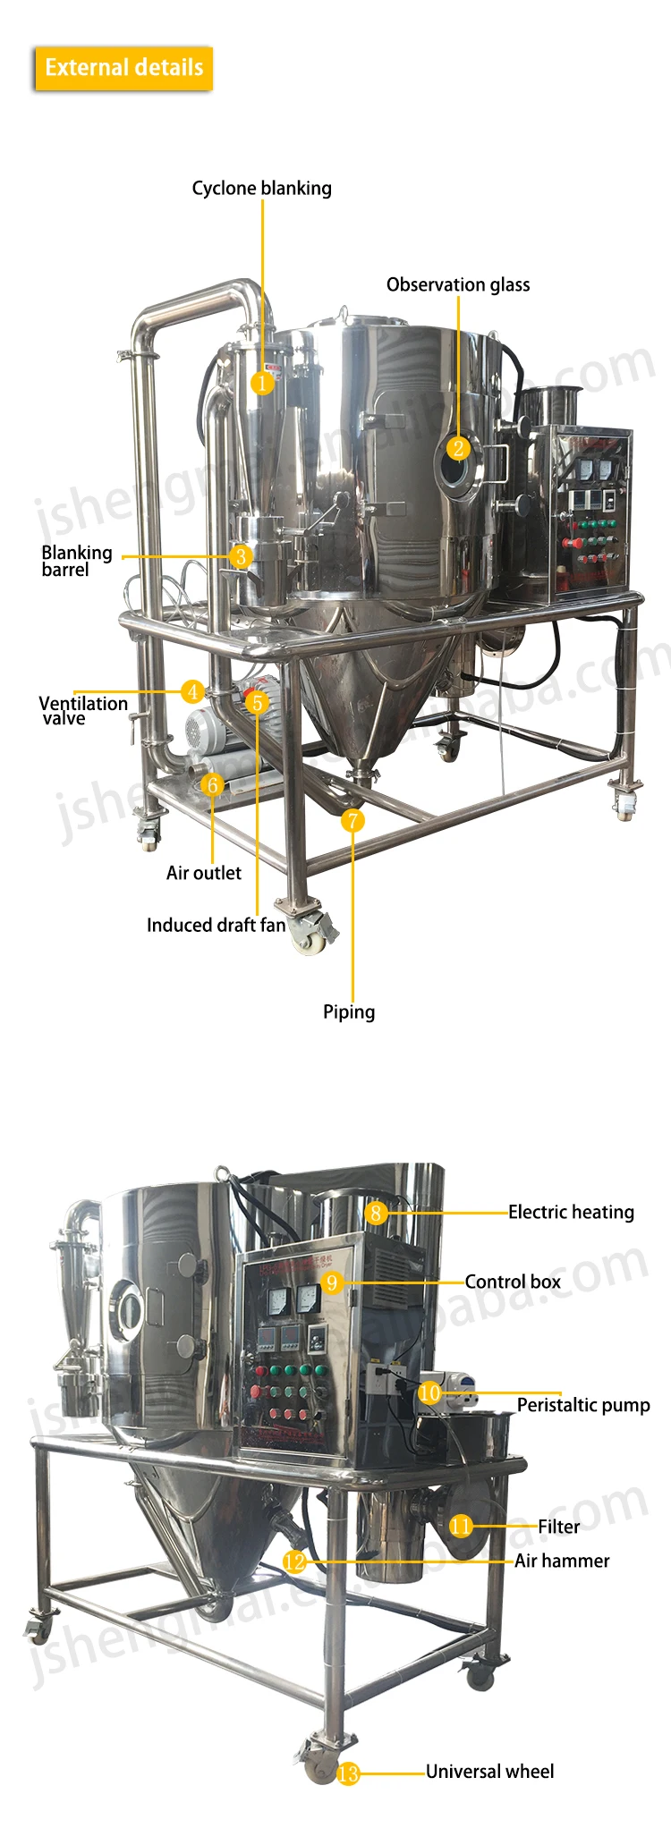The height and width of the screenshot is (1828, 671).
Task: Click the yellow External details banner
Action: coord(123,68)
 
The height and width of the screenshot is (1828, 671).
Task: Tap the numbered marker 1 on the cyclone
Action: coord(262,383)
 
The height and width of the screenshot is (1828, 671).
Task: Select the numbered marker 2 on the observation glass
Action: coord(459,449)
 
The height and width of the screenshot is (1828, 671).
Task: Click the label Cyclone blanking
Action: coord(261,188)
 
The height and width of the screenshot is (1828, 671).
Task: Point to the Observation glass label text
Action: coord(458,284)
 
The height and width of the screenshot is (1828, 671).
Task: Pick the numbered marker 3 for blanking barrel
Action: coord(241,556)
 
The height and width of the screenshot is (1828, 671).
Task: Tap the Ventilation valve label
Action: coord(82,710)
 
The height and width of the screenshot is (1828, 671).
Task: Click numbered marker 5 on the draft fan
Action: coord(258,703)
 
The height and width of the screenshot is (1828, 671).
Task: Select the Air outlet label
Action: coord(203,873)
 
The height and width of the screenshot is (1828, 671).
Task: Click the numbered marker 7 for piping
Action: coord(353,820)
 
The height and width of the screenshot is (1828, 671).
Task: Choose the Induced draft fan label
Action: coord(216,925)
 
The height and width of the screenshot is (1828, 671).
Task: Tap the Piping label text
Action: coord(349,1011)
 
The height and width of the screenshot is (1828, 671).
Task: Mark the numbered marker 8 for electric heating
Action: coord(377,1213)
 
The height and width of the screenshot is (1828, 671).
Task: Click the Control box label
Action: coord(513,1282)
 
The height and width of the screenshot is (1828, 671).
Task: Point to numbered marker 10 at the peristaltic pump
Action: coord(429,1392)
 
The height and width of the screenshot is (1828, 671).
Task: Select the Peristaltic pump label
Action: coord(583,1404)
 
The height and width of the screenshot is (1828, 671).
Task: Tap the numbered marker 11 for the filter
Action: coord(461,1526)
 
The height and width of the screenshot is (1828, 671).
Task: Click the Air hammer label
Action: coord(562,1561)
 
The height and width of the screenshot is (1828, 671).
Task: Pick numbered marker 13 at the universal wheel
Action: coord(348,1773)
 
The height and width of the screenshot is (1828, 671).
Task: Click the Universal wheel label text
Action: coord(489,1771)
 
